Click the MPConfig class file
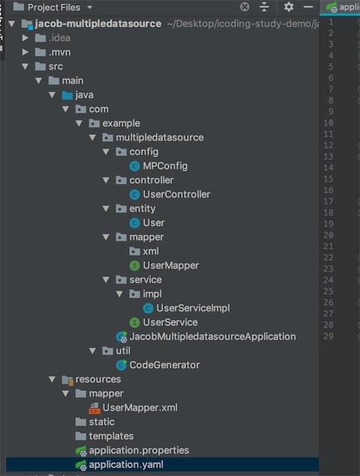[165, 166]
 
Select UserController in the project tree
[177, 195]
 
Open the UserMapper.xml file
[140, 408]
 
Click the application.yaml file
[126, 465]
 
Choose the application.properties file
[138, 451]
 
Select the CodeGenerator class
[164, 365]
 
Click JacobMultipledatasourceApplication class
[213, 336]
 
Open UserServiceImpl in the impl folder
[193, 308]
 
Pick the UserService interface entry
[170, 322]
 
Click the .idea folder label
[59, 38]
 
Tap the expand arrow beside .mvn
[25, 52]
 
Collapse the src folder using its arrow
[25, 67]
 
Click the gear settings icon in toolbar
[289, 7]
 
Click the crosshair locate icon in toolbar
[244, 7]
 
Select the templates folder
[111, 436]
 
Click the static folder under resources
[102, 422]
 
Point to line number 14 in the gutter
[329, 168]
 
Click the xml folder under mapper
[150, 251]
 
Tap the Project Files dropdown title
[54, 7]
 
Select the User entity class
[153, 223]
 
